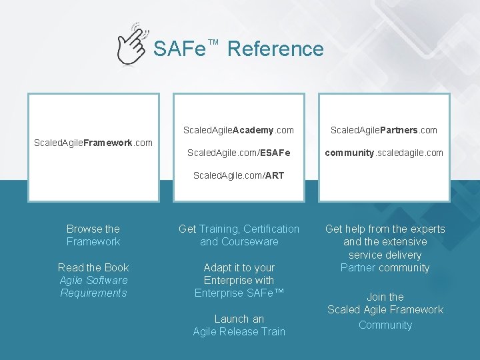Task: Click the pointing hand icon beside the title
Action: pyautogui.click(x=132, y=43)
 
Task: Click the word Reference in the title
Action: pyautogui.click(x=275, y=49)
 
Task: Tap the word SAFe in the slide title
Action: pyautogui.click(x=179, y=49)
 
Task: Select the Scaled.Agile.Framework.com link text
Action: pyautogui.click(x=93, y=142)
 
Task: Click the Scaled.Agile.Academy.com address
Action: pyautogui.click(x=239, y=130)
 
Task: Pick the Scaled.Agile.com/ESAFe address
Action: pyautogui.click(x=239, y=153)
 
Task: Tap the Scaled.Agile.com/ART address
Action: pyautogui.click(x=239, y=175)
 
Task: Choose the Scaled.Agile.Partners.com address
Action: pyautogui.click(x=384, y=130)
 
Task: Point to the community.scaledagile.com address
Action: pyautogui.click(x=384, y=153)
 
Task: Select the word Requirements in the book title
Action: pyautogui.click(x=93, y=293)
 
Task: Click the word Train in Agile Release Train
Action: pyautogui.click(x=272, y=331)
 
